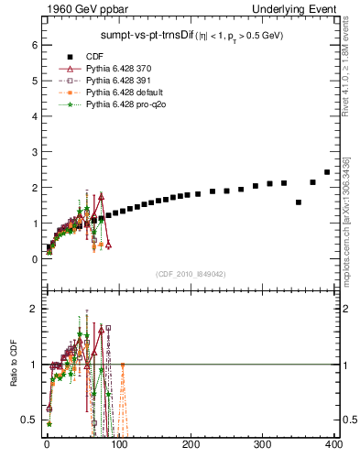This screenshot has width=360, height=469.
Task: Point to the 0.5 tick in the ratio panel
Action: click(28, 420)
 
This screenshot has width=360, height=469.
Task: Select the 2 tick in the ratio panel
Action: click(32, 309)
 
